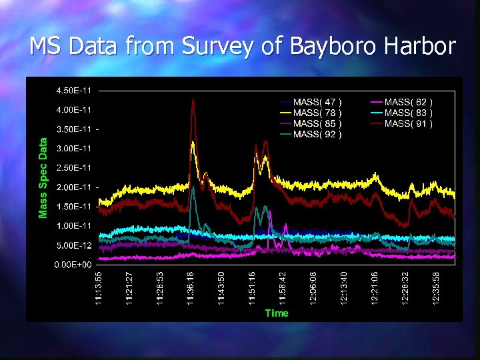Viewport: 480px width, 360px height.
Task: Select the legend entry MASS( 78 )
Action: pyautogui.click(x=317, y=113)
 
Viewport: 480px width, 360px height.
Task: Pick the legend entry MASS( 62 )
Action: pyautogui.click(x=408, y=102)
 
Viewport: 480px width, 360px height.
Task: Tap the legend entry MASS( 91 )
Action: pyautogui.click(x=408, y=123)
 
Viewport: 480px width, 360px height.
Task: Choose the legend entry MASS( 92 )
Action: pyautogui.click(x=317, y=134)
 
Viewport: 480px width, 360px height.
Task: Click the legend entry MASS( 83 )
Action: pyautogui.click(x=408, y=113)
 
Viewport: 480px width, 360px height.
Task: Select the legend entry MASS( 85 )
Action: pyautogui.click(x=317, y=123)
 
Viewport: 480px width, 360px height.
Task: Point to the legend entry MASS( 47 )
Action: pyautogui.click(x=317, y=102)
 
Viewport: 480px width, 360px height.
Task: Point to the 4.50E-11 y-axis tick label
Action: pyautogui.click(x=73, y=91)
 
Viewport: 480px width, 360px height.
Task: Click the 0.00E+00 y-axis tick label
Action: pyautogui.click(x=73, y=265)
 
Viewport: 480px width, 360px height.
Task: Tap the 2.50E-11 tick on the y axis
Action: pyautogui.click(x=73, y=168)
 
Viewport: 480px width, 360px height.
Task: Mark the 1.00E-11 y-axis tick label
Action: pyautogui.click(x=73, y=226)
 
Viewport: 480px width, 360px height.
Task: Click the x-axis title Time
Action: pyautogui.click(x=277, y=313)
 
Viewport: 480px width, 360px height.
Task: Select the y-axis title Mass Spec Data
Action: pyautogui.click(x=43, y=177)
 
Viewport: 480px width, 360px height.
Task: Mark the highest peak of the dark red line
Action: pyautogui.click(x=193, y=100)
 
